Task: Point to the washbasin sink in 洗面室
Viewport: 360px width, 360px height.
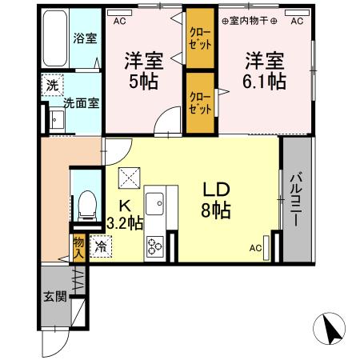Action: tap(57, 120)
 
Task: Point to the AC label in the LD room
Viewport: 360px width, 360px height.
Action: tap(256, 248)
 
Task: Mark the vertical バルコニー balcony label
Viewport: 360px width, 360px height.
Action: tap(295, 198)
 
